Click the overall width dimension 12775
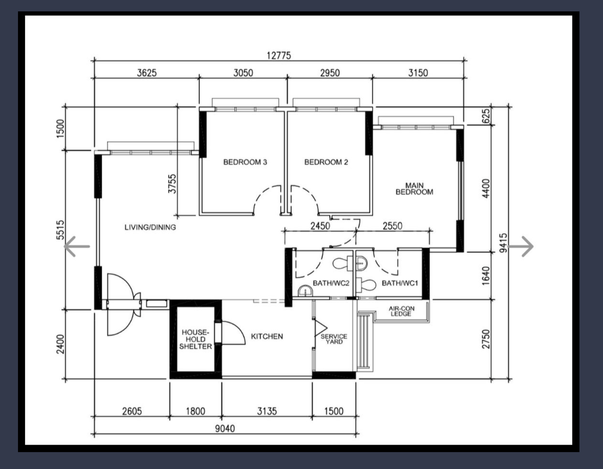[x=279, y=55]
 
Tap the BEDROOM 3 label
[x=245, y=162]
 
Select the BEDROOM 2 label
[x=326, y=162]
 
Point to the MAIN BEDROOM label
[x=414, y=189]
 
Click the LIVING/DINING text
[x=150, y=227]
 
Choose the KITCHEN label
[x=267, y=336]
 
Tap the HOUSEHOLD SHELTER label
[x=195, y=339]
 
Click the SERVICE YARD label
[x=334, y=339]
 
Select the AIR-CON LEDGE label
[x=401, y=311]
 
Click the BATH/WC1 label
[x=400, y=283]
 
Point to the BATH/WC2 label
[x=331, y=283]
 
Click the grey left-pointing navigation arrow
[x=77, y=246]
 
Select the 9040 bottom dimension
[x=225, y=428]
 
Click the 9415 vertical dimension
[x=503, y=243]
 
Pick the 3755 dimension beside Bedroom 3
[x=172, y=183]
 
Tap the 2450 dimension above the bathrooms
[x=320, y=226]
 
